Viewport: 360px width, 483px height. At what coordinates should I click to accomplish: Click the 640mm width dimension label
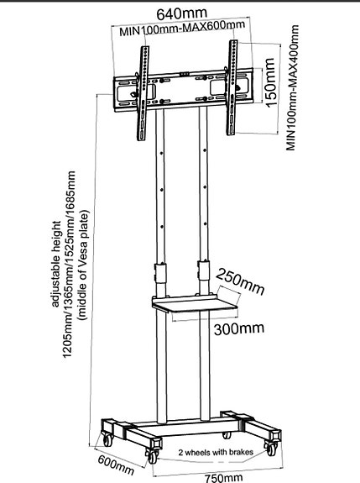181,13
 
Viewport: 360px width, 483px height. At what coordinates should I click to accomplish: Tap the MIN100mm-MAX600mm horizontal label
182,28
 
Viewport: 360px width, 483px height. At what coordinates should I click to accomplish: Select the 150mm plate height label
270,82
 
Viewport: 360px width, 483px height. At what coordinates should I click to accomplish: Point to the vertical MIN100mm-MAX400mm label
292,88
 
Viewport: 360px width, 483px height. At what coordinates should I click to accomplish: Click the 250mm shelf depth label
240,282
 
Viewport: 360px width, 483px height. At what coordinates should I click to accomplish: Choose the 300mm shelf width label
239,328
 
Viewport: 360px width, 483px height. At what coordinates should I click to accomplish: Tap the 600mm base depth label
116,465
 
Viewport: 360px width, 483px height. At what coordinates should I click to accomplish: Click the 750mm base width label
224,478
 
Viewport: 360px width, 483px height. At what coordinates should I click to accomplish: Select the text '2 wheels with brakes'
216,452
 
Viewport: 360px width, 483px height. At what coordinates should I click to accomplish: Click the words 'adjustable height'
55,264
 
